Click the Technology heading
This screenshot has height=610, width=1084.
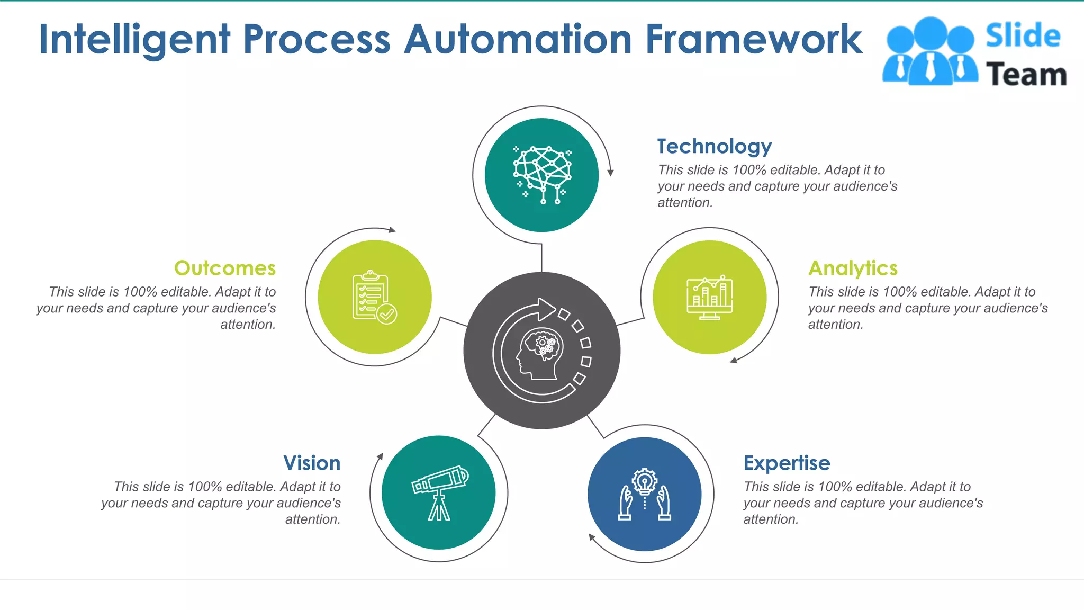714,147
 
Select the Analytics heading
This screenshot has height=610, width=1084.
853,268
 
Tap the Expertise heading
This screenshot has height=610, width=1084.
787,463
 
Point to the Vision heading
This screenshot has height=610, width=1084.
312,463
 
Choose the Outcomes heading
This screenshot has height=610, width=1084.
225,268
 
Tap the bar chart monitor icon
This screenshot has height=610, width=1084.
709,298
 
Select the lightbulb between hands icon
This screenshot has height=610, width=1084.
644,495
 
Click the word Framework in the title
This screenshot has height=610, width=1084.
754,40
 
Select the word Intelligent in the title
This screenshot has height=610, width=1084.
135,40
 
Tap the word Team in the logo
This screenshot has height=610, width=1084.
1026,75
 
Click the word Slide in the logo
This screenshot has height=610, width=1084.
1023,36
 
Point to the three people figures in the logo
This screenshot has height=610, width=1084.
930,52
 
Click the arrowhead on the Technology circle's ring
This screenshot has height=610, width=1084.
610,173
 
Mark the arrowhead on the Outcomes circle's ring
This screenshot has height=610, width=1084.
392,230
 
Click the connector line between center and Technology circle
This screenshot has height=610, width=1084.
541,258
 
